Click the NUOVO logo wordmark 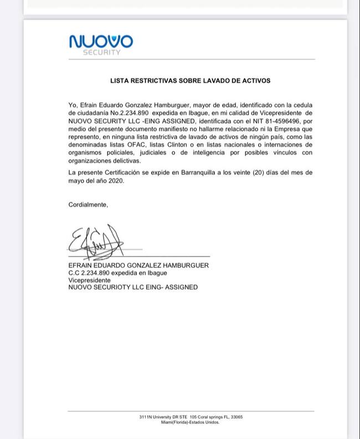coord(101,42)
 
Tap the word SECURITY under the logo coord(101,53)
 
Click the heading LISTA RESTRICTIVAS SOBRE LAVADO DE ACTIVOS coord(191,80)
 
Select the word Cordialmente coord(89,205)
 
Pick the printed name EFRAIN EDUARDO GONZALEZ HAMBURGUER coord(138,266)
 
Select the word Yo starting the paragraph coord(72,105)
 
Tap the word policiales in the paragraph coord(124,152)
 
